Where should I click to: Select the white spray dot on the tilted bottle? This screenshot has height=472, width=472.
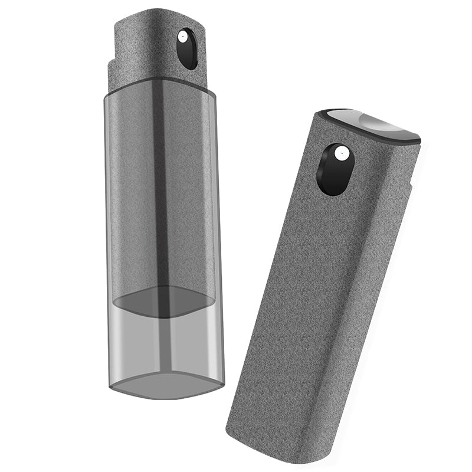(x=339, y=153)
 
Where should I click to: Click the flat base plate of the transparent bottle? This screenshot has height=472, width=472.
(x=167, y=383)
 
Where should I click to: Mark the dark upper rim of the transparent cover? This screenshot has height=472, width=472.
(x=159, y=84)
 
